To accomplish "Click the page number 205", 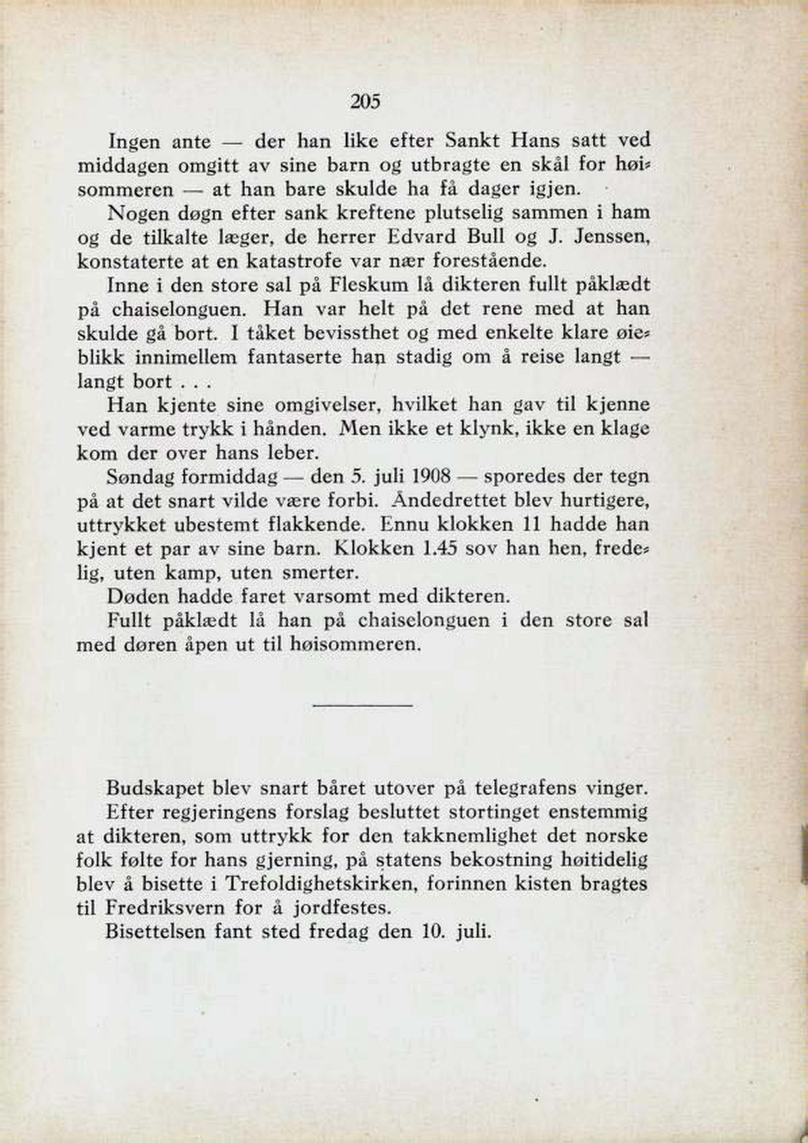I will pos(366,102).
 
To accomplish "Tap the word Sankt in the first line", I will pos(472,141).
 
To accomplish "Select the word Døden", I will pos(138,596).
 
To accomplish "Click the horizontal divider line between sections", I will pos(363,706).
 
